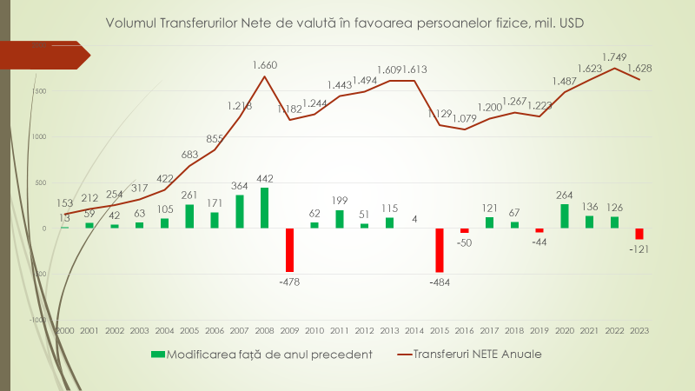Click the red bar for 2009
coord(289,249)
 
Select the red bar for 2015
coord(440,250)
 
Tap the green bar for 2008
coord(264,208)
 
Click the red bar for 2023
coord(639,234)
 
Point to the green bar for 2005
coord(189,216)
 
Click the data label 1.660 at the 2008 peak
coord(265,65)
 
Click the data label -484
coord(440,281)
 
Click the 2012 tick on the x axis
coord(364,331)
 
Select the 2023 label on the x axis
coord(639,331)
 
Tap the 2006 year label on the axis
coord(215,331)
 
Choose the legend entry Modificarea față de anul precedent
coord(261,354)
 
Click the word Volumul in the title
coord(130,22)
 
